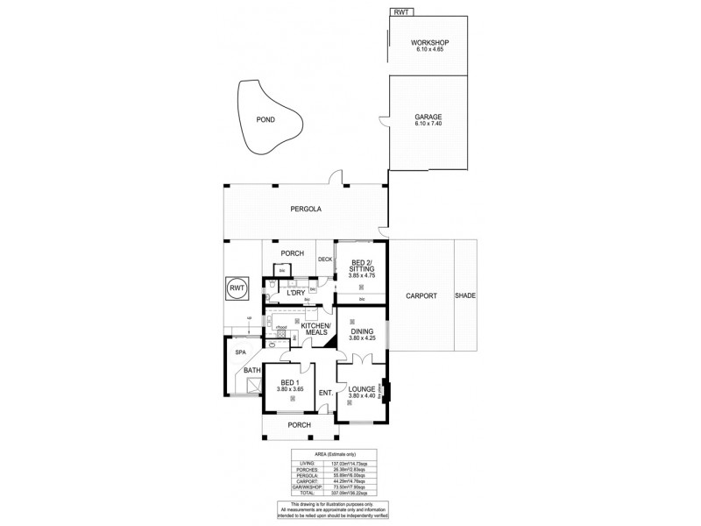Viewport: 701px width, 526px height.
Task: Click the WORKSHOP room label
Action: coord(429,43)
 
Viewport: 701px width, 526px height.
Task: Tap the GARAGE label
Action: coord(428,117)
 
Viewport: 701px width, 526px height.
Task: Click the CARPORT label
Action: coord(421,296)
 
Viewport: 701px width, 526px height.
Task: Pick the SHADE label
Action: coord(465,296)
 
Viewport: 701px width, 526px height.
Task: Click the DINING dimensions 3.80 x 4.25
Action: coord(361,338)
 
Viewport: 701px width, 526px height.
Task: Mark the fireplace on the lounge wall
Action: coord(385,388)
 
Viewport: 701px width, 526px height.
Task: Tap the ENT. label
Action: coord(324,393)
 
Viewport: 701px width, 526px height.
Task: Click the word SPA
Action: coord(237,352)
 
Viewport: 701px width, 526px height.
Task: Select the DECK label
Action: coord(325,259)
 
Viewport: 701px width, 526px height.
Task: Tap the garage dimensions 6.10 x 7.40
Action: coord(428,124)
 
